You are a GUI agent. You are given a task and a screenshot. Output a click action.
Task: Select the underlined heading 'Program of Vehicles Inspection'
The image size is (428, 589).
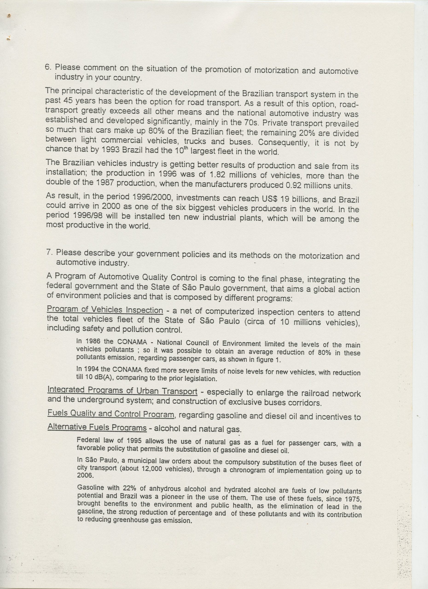105,310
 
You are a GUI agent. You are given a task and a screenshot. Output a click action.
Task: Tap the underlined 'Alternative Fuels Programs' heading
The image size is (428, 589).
97,427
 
